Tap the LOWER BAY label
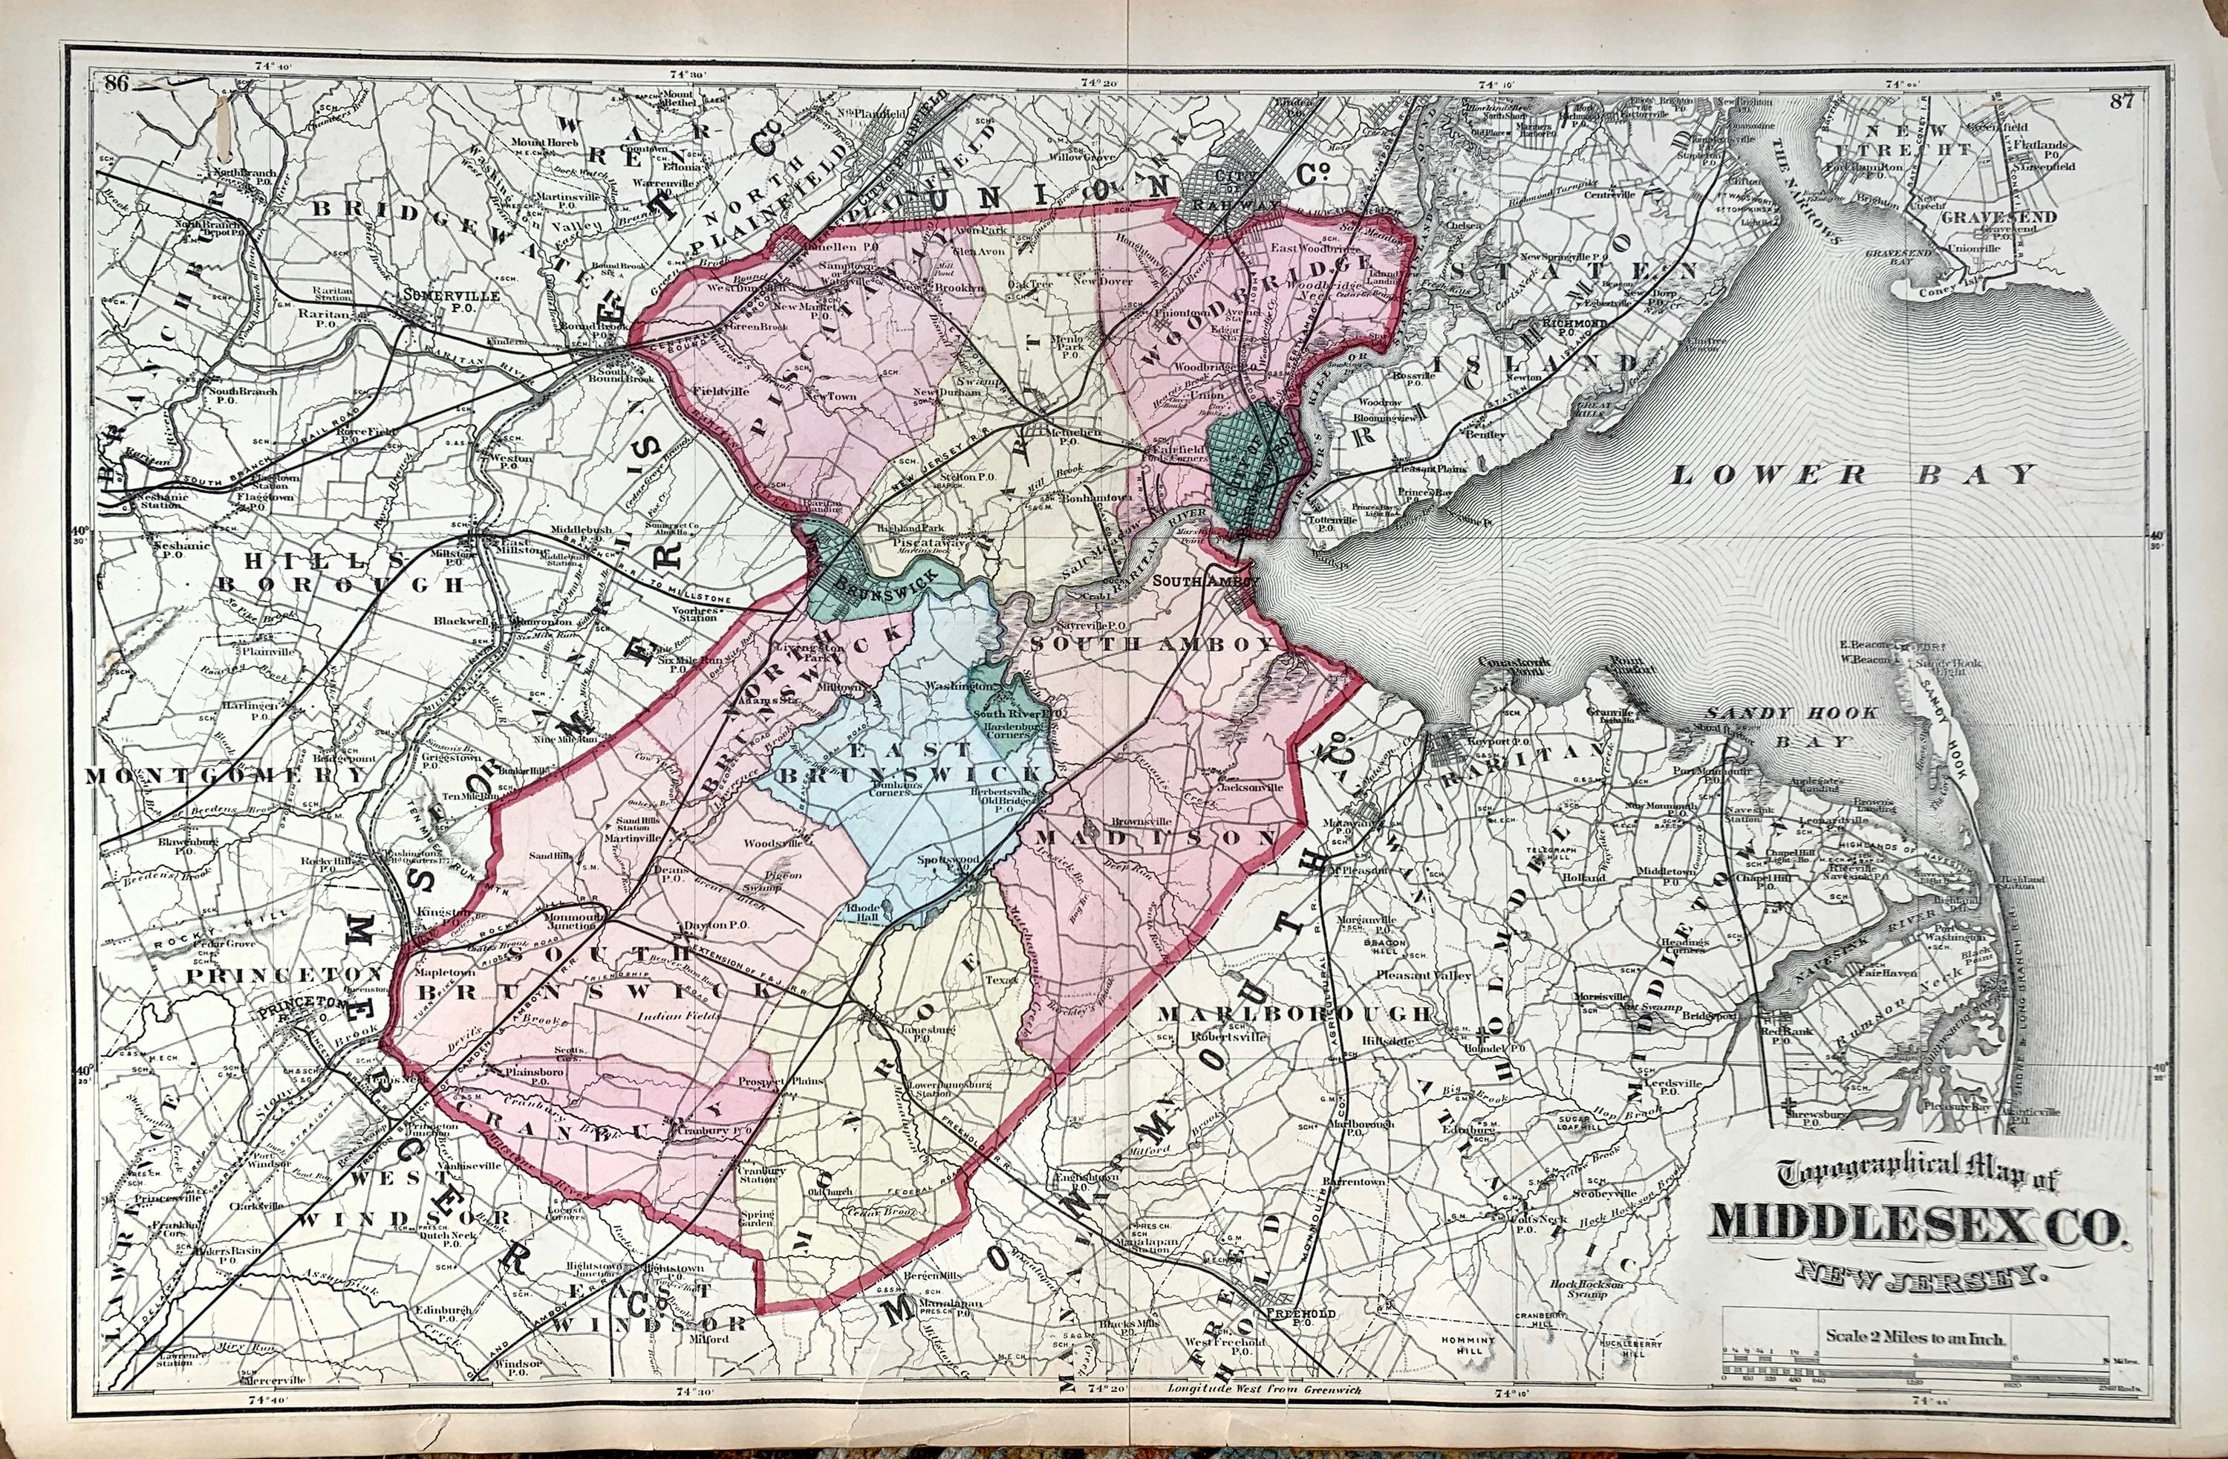pos(1854,474)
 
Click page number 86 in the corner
pos(117,83)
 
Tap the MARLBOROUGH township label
pos(1294,1014)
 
